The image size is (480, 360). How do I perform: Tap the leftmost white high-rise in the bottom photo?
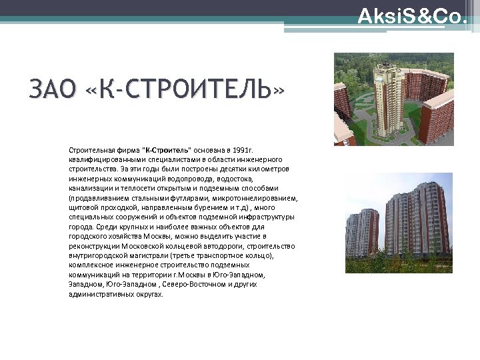(x=361, y=233)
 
